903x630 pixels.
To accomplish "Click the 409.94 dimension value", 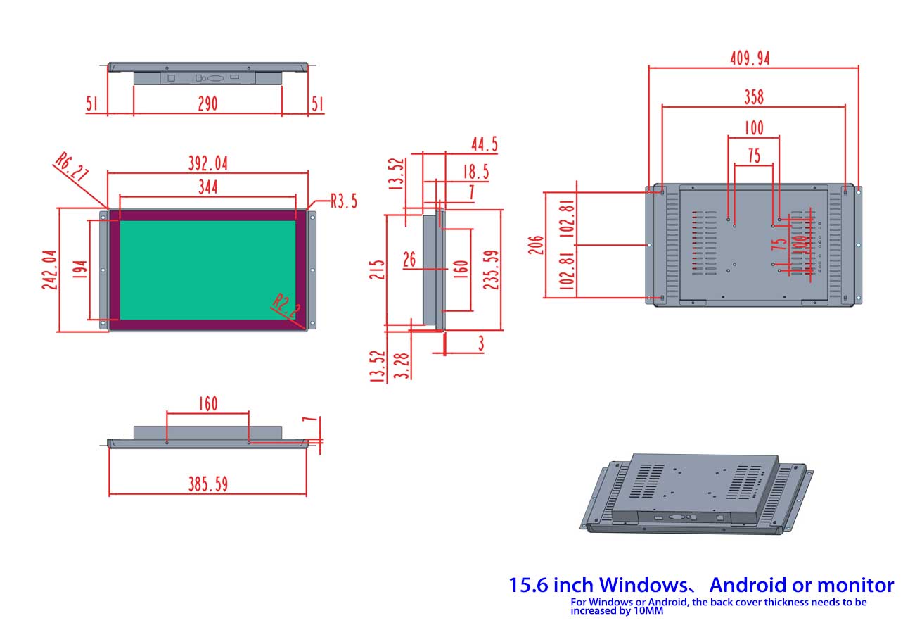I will pos(750,58).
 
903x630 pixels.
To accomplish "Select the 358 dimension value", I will pos(753,96).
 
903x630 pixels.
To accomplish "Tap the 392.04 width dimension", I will pos(207,163).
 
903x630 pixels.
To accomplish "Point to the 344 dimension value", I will pos(207,187).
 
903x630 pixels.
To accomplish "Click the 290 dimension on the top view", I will pos(207,104).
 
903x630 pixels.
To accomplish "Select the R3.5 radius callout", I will pos(343,201).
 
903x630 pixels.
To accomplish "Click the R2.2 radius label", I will pos(287,308).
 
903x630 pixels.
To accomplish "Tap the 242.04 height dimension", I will pos(49,270).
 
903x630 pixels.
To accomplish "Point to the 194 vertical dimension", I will pos(79,270).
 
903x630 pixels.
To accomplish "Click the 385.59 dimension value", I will pos(207,484).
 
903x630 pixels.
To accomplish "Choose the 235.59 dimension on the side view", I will pos(492,270).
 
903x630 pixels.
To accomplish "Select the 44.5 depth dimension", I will pos(484,145).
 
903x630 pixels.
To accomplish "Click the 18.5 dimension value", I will pos(476,172).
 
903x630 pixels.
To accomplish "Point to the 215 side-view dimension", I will pos(377,270).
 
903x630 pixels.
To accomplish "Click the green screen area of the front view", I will pos(207,270).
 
